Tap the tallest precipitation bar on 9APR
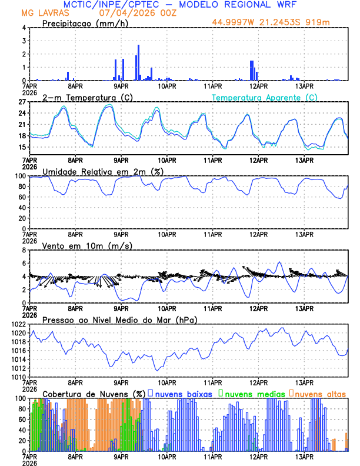click(x=139, y=62)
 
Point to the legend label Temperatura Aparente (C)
click(x=265, y=98)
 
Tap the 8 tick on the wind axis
click(x=24, y=250)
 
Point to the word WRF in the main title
click(x=288, y=4)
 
